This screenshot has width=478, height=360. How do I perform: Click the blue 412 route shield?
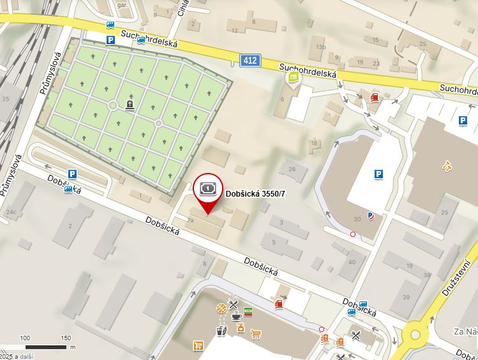pyautogui.click(x=250, y=61)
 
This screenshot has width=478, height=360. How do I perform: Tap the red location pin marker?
pyautogui.click(x=208, y=192)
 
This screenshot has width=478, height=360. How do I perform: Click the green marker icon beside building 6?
pyautogui.click(x=293, y=78)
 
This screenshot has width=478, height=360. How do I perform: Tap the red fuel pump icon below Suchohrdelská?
pyautogui.click(x=375, y=97)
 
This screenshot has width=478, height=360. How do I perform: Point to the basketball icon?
pyautogui.click(x=221, y=308)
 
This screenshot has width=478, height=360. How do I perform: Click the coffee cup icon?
pyautogui.click(x=236, y=316)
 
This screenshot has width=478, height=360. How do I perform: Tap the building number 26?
pyautogui.click(x=292, y=169)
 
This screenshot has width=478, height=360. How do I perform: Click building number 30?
pyautogui.click(x=356, y=220)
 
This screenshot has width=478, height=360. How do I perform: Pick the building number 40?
pyautogui.click(x=352, y=262)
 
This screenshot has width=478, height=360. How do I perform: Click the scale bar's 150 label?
pyautogui.click(x=66, y=338)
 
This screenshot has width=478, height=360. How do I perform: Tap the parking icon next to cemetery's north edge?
pyautogui.click(x=110, y=40)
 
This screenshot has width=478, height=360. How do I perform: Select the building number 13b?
pyautogui.click(x=320, y=47)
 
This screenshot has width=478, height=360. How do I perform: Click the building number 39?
pyautogui.click(x=406, y=297)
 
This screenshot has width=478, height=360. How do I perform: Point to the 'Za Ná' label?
pyautogui.click(x=465, y=331)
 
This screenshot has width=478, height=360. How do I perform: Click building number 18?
pyautogui.click(x=313, y=143)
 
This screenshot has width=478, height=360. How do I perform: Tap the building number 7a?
pyautogui.click(x=190, y=219)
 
